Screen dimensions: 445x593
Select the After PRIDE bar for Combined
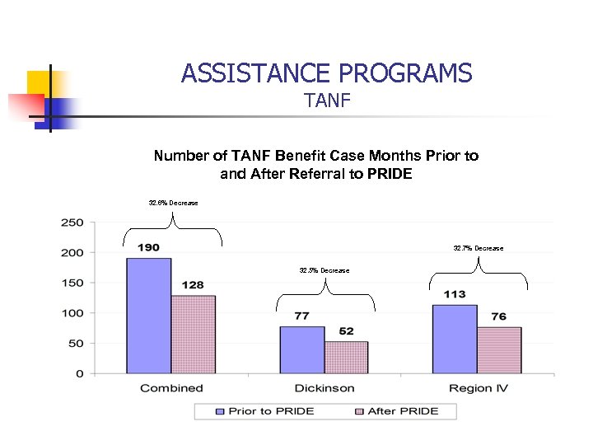click(x=193, y=334)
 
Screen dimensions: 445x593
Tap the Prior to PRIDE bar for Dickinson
click(x=301, y=349)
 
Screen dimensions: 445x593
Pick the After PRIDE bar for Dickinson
click(x=346, y=357)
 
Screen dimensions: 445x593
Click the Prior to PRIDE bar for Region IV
click(x=455, y=339)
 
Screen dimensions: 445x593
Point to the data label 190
click(x=148, y=247)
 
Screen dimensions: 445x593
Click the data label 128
click(x=193, y=285)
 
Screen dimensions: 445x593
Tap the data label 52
click(x=346, y=331)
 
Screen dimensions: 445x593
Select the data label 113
click(x=455, y=294)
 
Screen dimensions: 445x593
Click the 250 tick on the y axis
click(x=72, y=222)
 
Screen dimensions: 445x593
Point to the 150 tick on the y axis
click(x=72, y=283)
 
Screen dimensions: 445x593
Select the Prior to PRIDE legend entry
click(x=265, y=410)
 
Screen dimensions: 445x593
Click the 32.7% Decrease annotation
click(x=478, y=248)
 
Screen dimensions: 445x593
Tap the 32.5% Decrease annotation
click(x=324, y=270)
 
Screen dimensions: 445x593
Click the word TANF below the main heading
click(x=327, y=101)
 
